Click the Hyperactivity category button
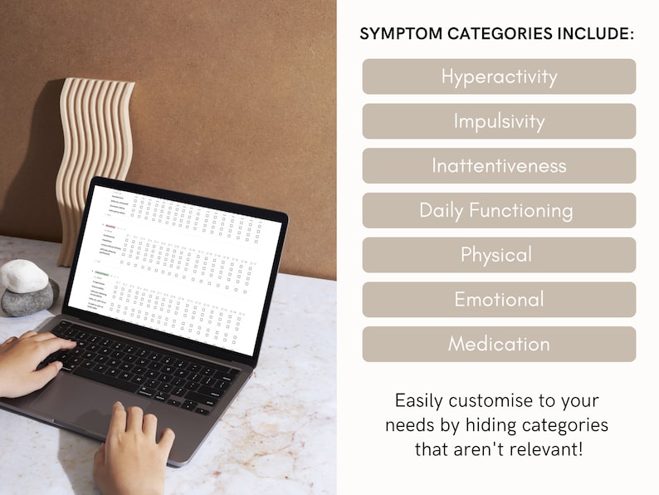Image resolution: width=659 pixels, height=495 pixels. click(499, 76)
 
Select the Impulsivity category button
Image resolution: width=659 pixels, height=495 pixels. click(499, 121)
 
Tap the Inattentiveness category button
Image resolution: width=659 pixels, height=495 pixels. click(499, 166)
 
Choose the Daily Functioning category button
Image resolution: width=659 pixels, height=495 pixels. click(499, 210)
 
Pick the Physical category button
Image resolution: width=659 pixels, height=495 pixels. click(499, 255)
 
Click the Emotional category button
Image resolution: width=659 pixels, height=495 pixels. click(499, 300)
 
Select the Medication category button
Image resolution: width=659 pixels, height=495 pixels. click(499, 344)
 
